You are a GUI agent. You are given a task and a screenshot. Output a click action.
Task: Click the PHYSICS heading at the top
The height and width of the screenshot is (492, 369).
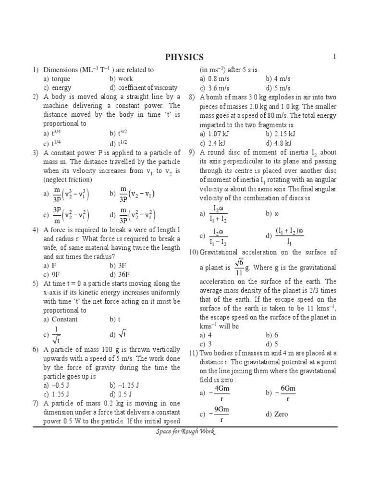pos(184,58)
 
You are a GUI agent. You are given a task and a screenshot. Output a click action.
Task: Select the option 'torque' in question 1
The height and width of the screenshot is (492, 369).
pos(61,79)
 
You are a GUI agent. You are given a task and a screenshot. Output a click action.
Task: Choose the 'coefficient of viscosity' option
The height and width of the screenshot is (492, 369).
pos(148,88)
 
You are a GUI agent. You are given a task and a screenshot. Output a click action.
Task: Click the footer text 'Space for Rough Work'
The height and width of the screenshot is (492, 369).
pos(184,432)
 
